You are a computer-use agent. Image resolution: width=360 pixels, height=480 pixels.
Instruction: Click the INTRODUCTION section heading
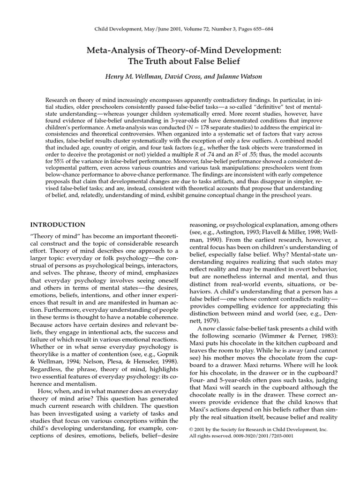pyautogui.click(x=58, y=225)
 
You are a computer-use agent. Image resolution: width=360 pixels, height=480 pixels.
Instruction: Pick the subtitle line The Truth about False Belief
pyautogui.click(x=180, y=61)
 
